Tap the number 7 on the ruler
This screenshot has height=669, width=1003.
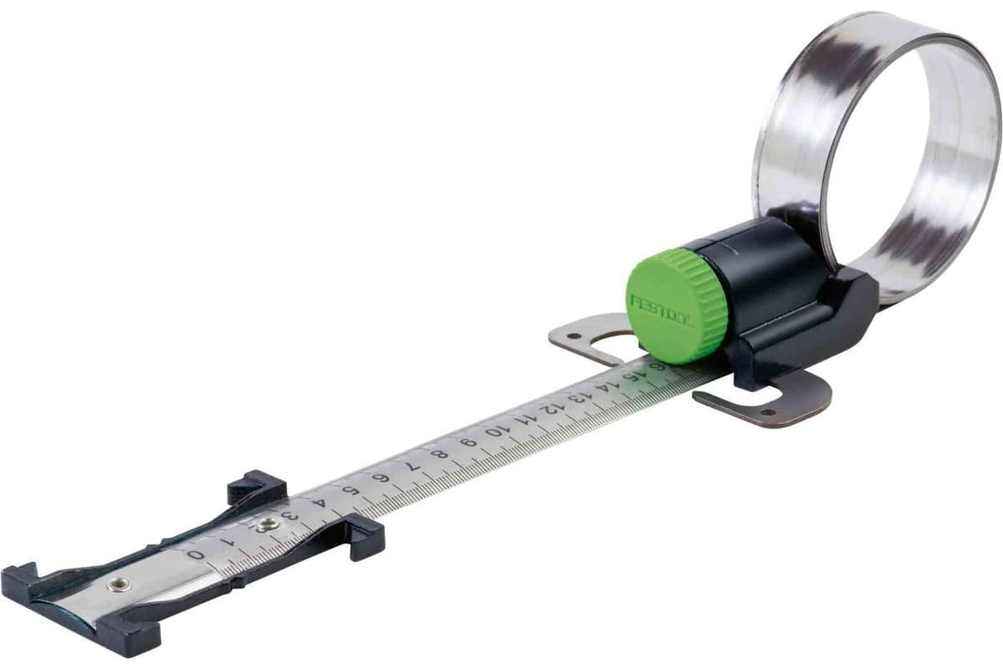point(413,465)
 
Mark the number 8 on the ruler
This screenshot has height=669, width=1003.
point(442,453)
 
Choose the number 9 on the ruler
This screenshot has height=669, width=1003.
point(470,442)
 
